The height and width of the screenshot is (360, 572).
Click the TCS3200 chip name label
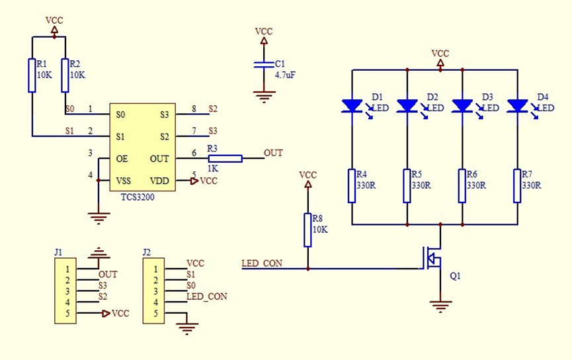[x=138, y=197]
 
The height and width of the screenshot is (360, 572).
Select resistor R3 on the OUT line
[x=225, y=158]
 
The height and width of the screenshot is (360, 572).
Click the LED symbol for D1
[x=351, y=105]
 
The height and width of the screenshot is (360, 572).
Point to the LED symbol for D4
[x=516, y=105]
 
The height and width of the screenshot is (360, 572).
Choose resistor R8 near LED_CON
[x=307, y=230]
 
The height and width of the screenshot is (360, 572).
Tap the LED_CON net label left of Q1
[x=263, y=263]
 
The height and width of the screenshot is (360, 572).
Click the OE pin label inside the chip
[x=122, y=159]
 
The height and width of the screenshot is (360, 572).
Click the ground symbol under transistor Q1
[x=440, y=305]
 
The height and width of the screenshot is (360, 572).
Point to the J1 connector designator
[x=59, y=252]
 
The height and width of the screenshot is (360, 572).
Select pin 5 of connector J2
[x=155, y=313]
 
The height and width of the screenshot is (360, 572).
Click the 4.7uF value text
[x=285, y=75]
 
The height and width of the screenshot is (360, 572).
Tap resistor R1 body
[x=32, y=75]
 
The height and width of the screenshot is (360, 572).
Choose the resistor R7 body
[x=516, y=185]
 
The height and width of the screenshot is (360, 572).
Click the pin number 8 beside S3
[x=194, y=109]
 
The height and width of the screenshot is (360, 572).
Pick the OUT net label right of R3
[x=273, y=153]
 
